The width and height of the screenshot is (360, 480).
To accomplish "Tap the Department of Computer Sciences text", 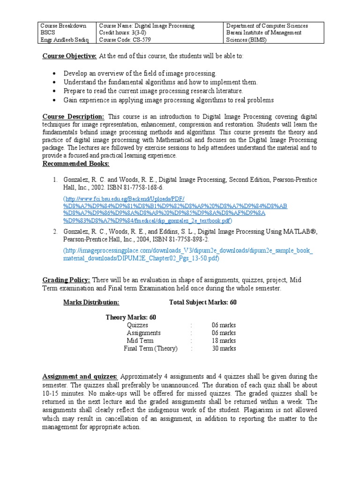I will (x=267, y=26).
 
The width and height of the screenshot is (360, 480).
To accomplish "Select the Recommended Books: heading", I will (x=75, y=164).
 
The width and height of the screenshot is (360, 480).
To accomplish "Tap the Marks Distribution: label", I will (x=91, y=302).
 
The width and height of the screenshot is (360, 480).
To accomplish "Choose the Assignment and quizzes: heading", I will (x=80, y=376).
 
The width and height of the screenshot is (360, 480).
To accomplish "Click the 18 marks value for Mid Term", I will (x=224, y=341).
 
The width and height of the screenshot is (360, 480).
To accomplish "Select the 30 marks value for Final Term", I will (x=224, y=348).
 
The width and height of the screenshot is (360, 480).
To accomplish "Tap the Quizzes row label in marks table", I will (x=137, y=325).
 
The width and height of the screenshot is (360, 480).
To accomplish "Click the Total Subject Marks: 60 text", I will (x=202, y=302).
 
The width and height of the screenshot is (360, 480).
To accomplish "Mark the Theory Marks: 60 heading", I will (x=131, y=317).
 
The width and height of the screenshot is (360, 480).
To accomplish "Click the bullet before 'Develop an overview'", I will (x=55, y=74).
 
